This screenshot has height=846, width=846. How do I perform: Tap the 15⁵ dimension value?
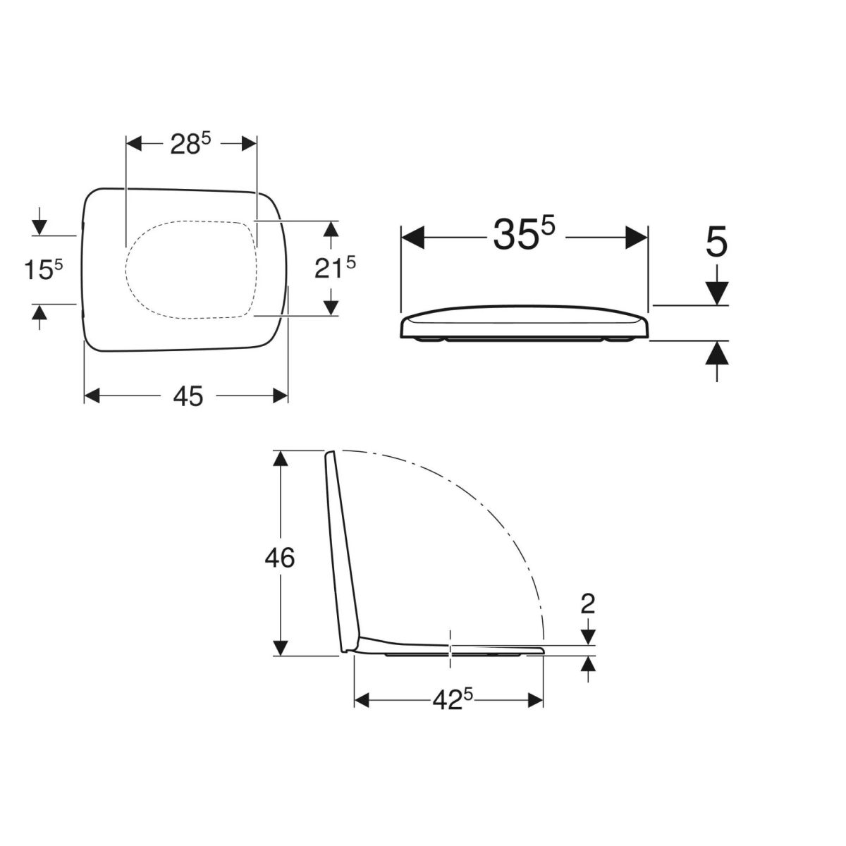click(x=44, y=269)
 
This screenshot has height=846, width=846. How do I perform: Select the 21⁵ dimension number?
click(x=335, y=269)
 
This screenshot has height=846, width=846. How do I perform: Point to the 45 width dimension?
click(x=188, y=396)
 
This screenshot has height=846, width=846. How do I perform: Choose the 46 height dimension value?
click(x=280, y=558)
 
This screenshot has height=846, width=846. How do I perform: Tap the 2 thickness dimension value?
click(x=587, y=604)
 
